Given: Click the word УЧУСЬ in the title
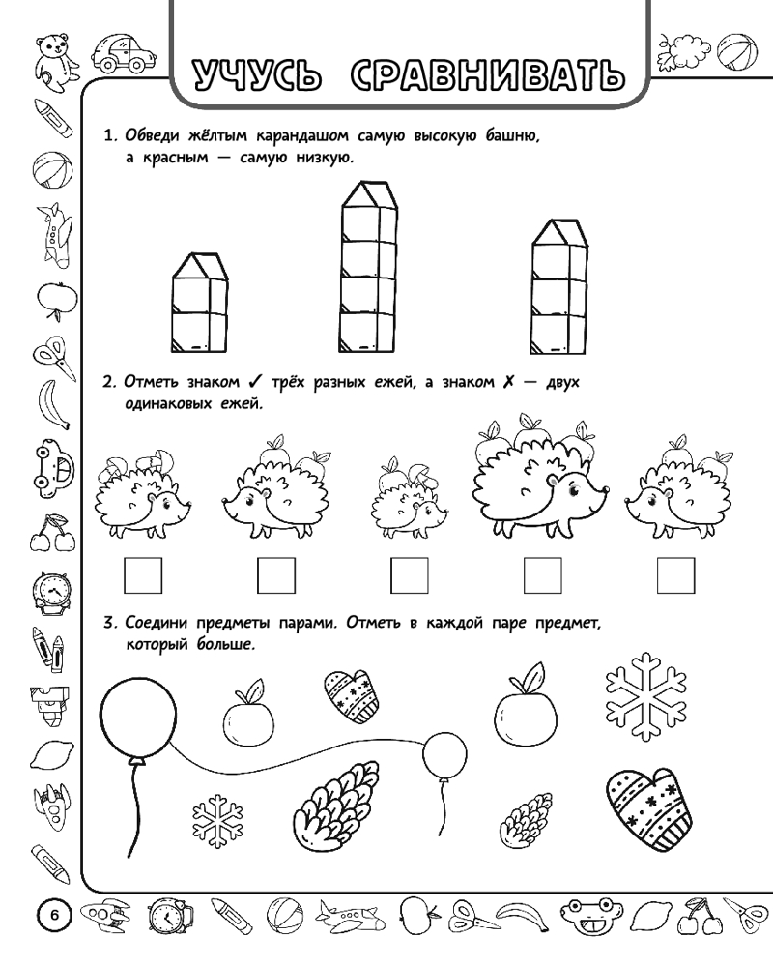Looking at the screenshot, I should tap(257, 73).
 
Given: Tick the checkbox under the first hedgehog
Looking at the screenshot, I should tap(142, 576).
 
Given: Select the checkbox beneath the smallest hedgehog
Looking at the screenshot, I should tap(408, 576).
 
